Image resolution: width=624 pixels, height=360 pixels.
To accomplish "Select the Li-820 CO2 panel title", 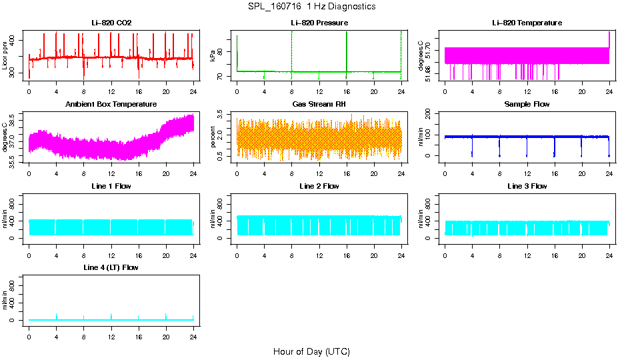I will tap(111, 23).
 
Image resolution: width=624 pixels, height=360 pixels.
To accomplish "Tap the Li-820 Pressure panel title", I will tap(319, 23).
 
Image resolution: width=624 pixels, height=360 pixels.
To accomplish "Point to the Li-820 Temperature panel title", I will tap(527, 23).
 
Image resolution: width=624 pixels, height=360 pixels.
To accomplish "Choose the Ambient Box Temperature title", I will tap(111, 105).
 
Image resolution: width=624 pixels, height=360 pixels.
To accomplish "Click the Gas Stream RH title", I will tap(319, 105).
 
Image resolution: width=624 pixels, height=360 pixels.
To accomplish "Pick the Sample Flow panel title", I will tap(527, 105).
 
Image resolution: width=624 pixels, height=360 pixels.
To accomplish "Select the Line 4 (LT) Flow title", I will tap(111, 267).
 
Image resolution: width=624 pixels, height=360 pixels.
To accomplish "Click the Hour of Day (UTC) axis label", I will tap(311, 351).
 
